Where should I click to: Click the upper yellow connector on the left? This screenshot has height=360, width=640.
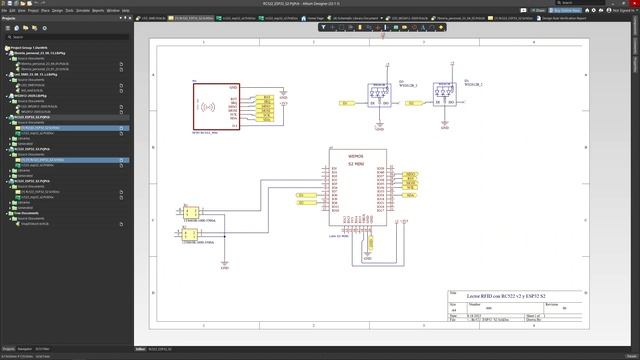tap(188, 213)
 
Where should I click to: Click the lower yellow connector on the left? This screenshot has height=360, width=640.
tap(188, 234)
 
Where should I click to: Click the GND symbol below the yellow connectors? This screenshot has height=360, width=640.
tap(225, 264)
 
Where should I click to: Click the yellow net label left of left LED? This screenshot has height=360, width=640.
tap(346, 103)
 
